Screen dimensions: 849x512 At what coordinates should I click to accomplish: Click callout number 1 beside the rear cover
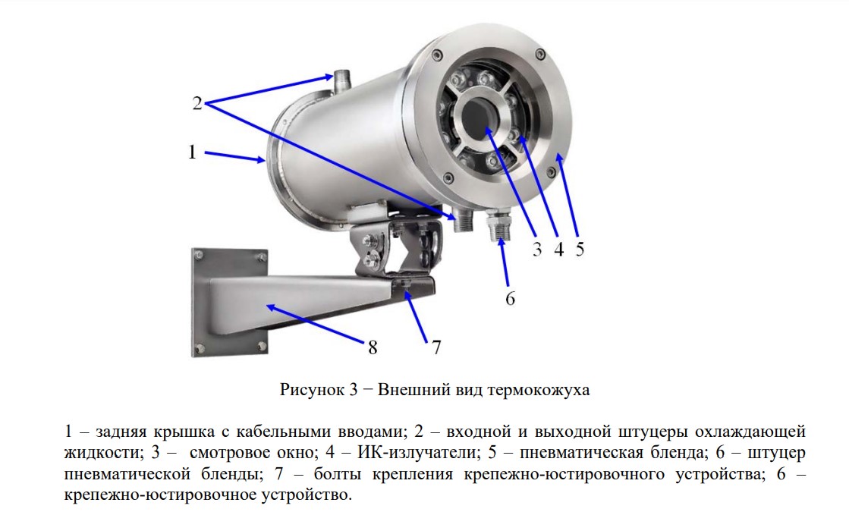pos(192,152)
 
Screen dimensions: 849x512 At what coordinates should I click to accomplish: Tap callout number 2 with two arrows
pos(197,103)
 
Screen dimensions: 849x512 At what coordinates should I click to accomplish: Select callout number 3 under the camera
pos(536,249)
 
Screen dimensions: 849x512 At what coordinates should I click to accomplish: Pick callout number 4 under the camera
pos(558,249)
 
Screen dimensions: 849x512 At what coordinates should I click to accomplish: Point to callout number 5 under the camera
pos(580,249)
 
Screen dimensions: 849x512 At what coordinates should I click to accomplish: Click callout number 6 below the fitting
pos(510,298)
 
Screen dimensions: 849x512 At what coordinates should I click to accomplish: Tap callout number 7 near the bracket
pos(436,347)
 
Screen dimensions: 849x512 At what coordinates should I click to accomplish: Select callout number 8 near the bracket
pos(373,347)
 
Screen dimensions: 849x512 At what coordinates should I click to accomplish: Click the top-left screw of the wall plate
pos(199,255)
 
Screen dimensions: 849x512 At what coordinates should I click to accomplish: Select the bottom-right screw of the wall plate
pos(262,346)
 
